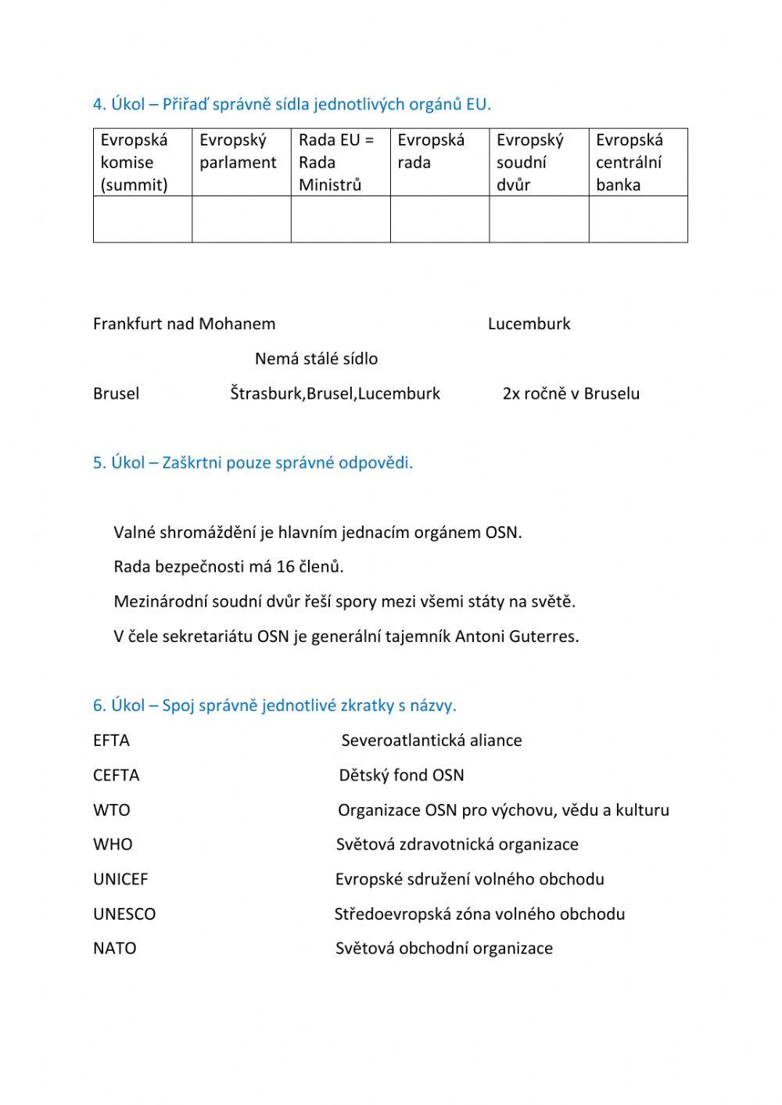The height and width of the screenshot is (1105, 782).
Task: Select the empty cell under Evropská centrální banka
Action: pyautogui.click(x=638, y=219)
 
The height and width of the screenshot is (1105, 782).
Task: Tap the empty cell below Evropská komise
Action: pyautogui.click(x=142, y=219)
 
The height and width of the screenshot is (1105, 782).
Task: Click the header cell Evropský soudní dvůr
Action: pyautogui.click(x=538, y=162)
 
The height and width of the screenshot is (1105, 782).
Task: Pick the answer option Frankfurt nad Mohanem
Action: pyautogui.click(x=184, y=324)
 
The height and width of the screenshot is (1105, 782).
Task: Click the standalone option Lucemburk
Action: pyautogui.click(x=529, y=324)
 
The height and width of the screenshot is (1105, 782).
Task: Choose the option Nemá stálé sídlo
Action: pyautogui.click(x=316, y=359)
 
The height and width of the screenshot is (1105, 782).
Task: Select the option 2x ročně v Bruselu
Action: pyautogui.click(x=571, y=393)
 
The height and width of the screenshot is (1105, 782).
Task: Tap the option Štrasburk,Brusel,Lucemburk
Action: pyautogui.click(x=335, y=393)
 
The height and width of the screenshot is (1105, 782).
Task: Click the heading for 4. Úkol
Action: pyautogui.click(x=292, y=104)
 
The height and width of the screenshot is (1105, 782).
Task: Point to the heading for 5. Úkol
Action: pyautogui.click(x=253, y=462)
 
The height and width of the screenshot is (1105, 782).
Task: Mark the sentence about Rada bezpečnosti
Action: pyautogui.click(x=228, y=566)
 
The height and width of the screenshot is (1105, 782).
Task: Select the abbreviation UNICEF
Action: pyautogui.click(x=120, y=879)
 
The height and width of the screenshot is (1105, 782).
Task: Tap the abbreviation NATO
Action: pyautogui.click(x=114, y=949)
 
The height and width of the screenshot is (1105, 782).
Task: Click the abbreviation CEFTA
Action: pyautogui.click(x=116, y=775)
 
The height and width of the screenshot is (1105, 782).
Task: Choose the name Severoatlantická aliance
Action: pyautogui.click(x=432, y=741)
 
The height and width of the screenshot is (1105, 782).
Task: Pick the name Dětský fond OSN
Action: pyautogui.click(x=401, y=775)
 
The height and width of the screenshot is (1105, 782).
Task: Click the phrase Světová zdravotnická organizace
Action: pyautogui.click(x=457, y=845)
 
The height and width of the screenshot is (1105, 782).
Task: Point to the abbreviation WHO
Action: pyautogui.click(x=113, y=845)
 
